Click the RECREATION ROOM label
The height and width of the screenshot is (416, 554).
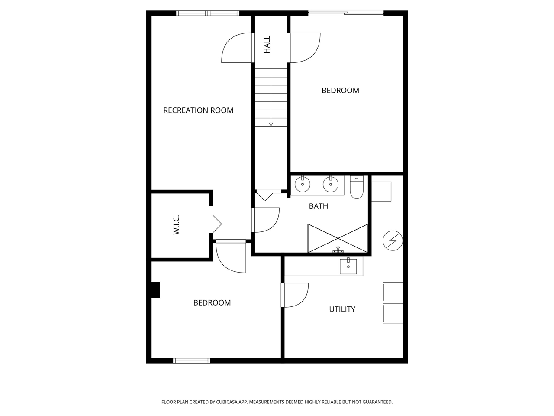(198, 110)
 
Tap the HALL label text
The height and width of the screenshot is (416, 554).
(267, 45)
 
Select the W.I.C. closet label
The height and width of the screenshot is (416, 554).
(176, 225)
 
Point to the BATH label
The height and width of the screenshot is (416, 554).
(318, 206)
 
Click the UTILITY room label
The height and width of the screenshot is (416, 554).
(342, 309)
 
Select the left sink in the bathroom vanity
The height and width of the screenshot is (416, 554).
(303, 184)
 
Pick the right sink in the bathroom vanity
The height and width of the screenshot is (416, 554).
(330, 184)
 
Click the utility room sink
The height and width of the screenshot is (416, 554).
(348, 266)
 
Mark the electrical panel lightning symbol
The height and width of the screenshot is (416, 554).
(393, 240)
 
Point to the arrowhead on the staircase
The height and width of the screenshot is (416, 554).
(271, 124)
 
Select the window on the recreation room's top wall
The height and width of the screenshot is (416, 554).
(208, 13)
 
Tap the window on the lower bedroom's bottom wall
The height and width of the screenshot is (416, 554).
(192, 361)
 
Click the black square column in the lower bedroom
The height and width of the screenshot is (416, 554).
(155, 290)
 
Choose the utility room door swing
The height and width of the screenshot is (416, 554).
(296, 295)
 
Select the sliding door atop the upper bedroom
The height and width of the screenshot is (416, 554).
(346, 13)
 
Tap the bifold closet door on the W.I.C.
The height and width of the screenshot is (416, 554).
(216, 224)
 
